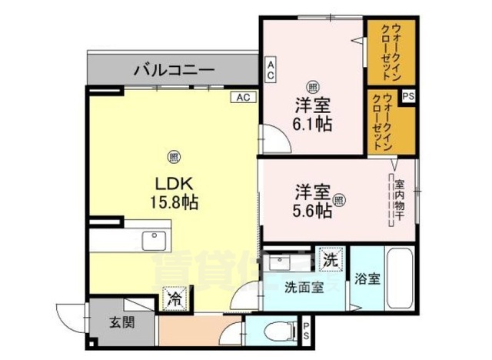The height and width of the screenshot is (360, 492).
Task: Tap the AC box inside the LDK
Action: (x=243, y=98)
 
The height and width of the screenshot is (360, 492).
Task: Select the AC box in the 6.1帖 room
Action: (x=271, y=71)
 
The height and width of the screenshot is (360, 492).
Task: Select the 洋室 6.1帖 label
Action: (x=311, y=113)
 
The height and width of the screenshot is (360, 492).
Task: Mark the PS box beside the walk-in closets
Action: (x=409, y=96)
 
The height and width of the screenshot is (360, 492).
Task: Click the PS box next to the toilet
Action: (x=306, y=334)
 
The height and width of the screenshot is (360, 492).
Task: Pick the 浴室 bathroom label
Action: (x=367, y=280)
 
